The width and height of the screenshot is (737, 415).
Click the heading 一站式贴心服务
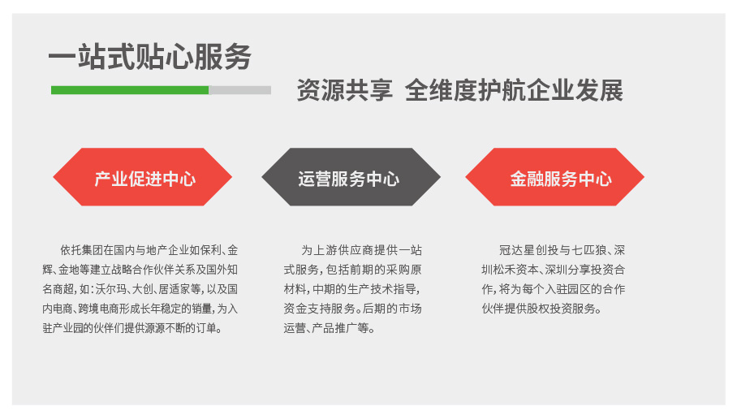coord(150,57)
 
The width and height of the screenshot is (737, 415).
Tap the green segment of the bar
coord(130,90)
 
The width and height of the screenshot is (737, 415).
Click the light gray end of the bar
coord(240,90)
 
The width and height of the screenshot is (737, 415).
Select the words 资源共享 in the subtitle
coord(344,90)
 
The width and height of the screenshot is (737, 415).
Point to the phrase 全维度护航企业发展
coord(515,90)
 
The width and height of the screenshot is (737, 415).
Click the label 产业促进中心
coord(144,179)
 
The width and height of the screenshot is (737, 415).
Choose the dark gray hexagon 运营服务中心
coord(351,177)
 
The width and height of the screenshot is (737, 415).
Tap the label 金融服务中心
coord(561,179)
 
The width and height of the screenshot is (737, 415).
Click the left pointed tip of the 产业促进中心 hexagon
coord(53,177)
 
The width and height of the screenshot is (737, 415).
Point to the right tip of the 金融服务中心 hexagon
coord(644,177)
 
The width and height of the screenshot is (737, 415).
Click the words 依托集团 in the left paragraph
coord(82,250)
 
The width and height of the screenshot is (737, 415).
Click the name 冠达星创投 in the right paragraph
coord(528,250)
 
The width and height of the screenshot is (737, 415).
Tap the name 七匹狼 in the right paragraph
coord(589,250)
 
